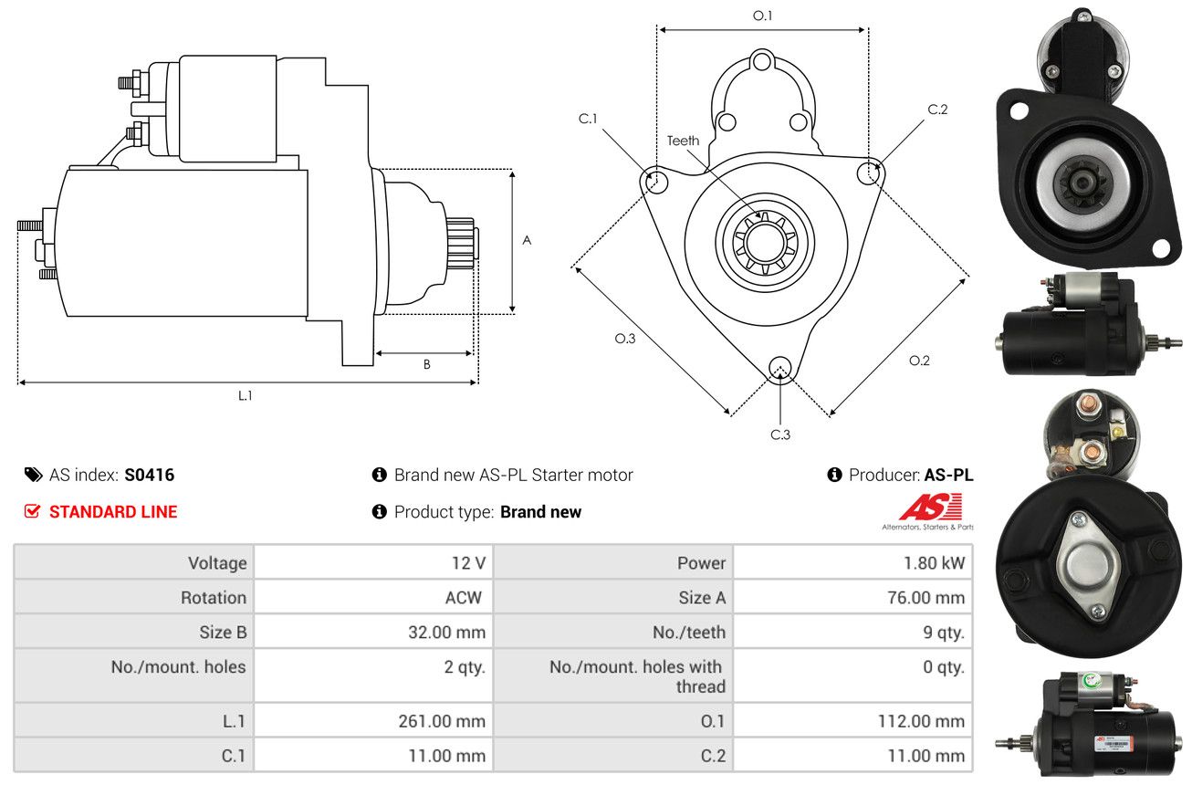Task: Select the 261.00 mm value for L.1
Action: (442, 721)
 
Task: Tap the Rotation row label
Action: (213, 598)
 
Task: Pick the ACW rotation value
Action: (463, 598)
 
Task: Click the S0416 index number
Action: (149, 475)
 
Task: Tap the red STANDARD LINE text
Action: (113, 512)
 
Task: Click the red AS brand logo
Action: (930, 508)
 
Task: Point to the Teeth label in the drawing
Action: (683, 141)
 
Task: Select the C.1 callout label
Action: (588, 119)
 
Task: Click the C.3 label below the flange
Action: (780, 434)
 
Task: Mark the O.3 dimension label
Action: (624, 338)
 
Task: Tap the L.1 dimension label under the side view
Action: (245, 395)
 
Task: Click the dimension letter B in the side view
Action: (426, 364)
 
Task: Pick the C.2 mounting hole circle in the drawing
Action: (870, 173)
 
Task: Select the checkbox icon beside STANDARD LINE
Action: (32, 512)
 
